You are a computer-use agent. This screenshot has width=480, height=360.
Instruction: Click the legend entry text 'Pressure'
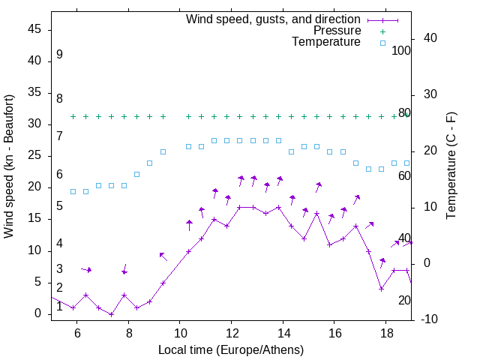click(337, 31)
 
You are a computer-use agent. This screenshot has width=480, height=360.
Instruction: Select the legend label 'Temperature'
click(326, 42)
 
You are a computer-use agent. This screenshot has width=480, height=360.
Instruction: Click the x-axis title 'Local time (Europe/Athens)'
click(231, 350)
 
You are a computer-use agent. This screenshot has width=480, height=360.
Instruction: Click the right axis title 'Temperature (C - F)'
click(451, 166)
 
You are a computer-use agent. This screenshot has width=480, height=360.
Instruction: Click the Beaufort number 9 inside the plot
click(59, 55)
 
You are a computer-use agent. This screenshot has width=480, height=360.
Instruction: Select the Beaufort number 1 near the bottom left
click(59, 306)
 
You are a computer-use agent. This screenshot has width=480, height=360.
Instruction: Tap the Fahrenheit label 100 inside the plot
click(402, 51)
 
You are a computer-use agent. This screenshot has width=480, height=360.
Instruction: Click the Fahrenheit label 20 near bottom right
click(404, 301)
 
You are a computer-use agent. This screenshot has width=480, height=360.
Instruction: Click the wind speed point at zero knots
click(111, 314)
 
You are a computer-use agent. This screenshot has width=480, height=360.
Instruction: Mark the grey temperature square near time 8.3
click(136, 174)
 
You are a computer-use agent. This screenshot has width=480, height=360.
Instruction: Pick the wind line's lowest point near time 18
click(381, 289)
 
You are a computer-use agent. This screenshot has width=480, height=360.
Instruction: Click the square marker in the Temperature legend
click(382, 43)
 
